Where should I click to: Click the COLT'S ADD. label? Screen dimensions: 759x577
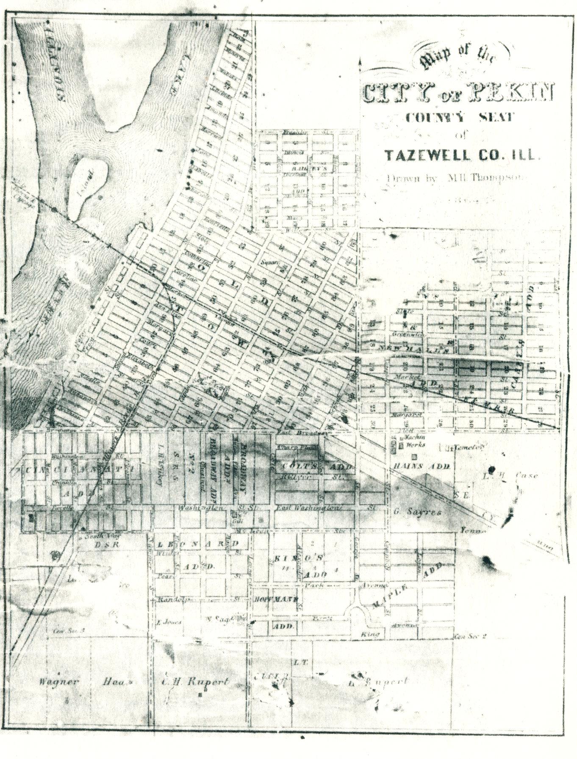[x=314, y=465]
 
